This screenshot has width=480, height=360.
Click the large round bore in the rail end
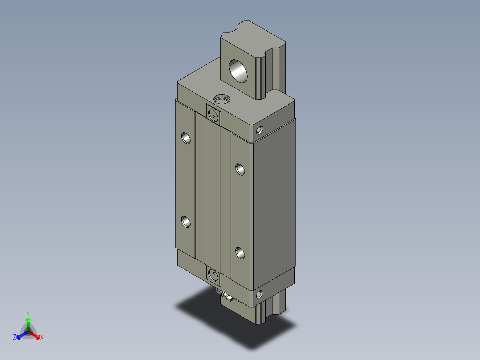(x=238, y=71)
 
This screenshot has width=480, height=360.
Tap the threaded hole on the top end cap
(x=221, y=99)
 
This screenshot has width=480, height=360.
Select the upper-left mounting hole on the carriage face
(x=186, y=138)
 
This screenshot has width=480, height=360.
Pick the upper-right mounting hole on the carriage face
(x=240, y=169)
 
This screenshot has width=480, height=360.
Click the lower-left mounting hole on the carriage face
(x=186, y=221)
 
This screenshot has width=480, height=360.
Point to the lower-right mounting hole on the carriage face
(x=240, y=253)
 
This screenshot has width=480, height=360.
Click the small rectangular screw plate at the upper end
(x=213, y=115)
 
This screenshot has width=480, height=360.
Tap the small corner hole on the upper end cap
(x=259, y=130)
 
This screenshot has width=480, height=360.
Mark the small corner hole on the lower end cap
(x=259, y=295)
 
